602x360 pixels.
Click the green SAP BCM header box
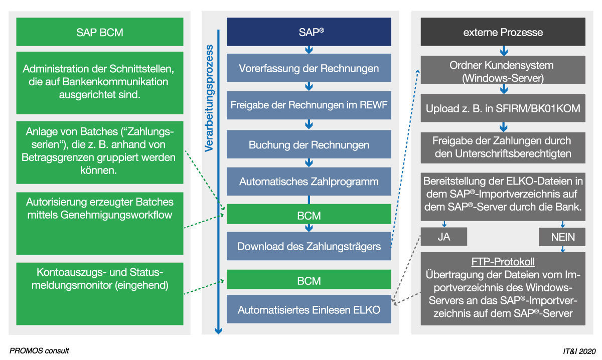tap(100, 32)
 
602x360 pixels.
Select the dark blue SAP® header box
tap(309, 32)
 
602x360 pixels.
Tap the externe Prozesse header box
tap(503, 32)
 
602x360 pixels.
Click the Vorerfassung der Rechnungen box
tap(309, 68)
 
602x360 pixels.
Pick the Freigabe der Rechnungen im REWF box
tap(309, 105)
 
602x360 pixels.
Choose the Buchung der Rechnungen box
tap(309, 145)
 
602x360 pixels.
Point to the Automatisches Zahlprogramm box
tap(309, 182)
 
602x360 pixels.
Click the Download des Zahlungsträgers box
tap(309, 246)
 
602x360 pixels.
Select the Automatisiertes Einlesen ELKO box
tap(309, 310)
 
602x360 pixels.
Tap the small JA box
tap(443, 237)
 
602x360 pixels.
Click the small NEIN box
tap(562, 237)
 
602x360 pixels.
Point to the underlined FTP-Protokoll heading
tap(503, 262)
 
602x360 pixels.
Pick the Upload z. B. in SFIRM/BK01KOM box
tap(503, 108)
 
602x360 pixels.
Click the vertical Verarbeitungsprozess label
tap(210, 98)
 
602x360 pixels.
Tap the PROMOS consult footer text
tap(39, 351)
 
